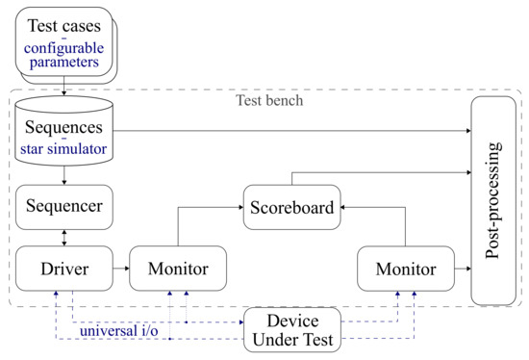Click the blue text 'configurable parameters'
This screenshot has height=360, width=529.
pos(63,57)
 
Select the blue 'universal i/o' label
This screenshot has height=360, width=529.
pos(120,333)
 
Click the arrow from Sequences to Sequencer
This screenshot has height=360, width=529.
pos(63,175)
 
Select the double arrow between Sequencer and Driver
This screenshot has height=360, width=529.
pos(63,235)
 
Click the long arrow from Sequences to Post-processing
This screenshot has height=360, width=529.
pos(289,129)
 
